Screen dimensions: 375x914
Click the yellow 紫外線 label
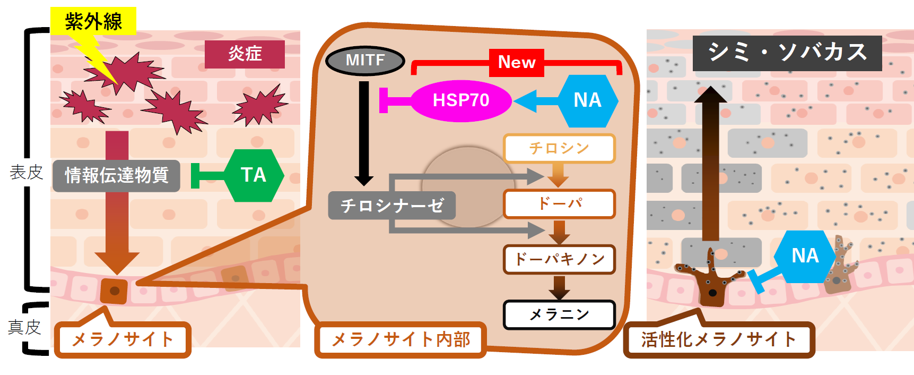[93, 21]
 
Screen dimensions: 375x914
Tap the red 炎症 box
[245, 54]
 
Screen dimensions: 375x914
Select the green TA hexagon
[254, 175]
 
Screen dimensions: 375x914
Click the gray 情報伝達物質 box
[116, 175]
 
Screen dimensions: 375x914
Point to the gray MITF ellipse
[365, 60]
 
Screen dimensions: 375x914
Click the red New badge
[517, 62]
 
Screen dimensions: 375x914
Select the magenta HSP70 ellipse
[460, 100]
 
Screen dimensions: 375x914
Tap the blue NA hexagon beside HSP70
[588, 100]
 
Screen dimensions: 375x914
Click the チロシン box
[559, 148]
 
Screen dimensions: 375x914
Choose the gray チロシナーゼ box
[391, 206]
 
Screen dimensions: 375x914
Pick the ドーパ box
[559, 204]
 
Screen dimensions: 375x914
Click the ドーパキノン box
[559, 259]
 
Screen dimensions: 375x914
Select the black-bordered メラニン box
[559, 314]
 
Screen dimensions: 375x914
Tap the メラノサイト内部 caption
[401, 339]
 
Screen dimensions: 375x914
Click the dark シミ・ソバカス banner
[787, 53]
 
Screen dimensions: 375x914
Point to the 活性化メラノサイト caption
[719, 339]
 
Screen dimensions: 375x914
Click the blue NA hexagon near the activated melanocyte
[805, 256]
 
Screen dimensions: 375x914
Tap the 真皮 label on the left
[24, 327]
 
